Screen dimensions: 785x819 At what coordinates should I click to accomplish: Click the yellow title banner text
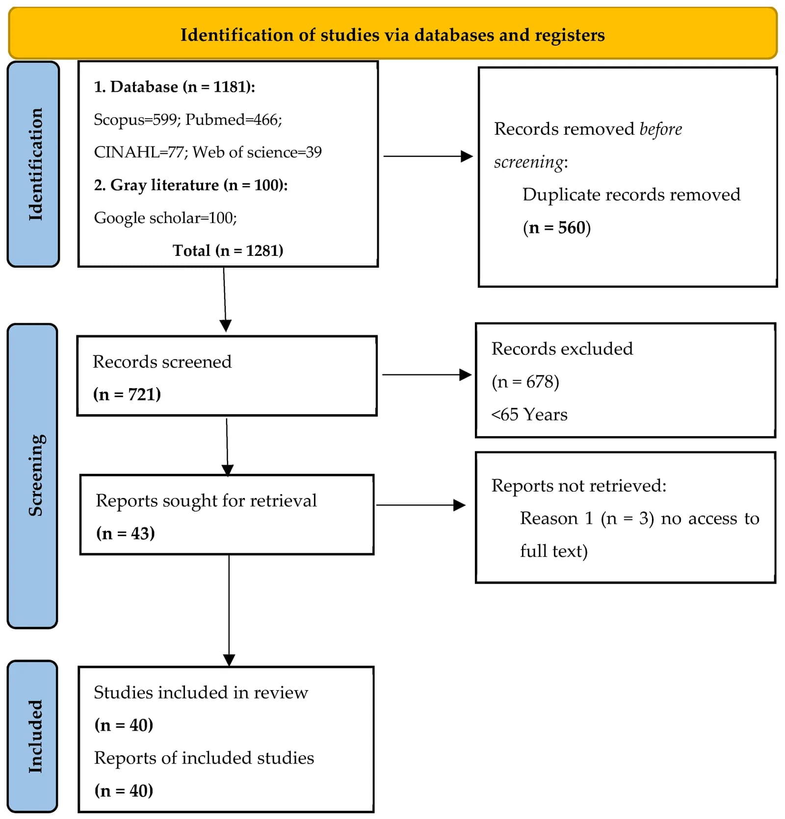[392, 35]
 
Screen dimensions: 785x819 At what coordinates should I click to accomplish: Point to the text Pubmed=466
[234, 120]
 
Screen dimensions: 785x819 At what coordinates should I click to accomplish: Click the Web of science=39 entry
[257, 152]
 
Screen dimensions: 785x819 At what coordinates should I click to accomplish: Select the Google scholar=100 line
[165, 218]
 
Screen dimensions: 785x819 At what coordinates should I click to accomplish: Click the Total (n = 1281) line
[228, 251]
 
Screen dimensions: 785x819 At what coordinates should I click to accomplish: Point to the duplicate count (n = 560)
[557, 228]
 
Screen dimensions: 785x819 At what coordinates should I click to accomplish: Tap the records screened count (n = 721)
[127, 395]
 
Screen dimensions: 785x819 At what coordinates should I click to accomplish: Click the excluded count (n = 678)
[525, 382]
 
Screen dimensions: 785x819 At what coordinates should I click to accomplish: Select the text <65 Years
[529, 415]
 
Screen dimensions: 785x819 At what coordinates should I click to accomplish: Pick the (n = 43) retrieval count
[126, 533]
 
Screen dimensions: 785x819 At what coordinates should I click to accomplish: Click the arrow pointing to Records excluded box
[427, 375]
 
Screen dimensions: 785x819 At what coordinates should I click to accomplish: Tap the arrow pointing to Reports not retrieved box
[421, 505]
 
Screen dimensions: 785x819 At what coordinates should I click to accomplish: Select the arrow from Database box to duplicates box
[428, 156]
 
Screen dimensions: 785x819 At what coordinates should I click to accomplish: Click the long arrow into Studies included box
[229, 611]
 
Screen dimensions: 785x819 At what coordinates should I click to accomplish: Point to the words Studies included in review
[201, 693]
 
